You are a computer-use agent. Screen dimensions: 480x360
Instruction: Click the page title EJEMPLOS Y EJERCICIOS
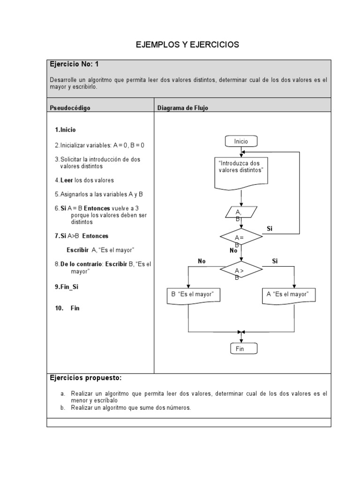click(187, 45)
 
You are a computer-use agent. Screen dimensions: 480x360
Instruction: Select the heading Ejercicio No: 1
click(74, 65)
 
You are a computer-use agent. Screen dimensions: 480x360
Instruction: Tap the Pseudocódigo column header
click(70, 108)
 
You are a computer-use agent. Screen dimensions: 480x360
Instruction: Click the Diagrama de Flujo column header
click(183, 108)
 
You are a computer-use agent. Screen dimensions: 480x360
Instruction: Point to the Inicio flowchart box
click(241, 141)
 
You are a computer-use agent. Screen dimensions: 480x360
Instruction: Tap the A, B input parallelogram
click(240, 213)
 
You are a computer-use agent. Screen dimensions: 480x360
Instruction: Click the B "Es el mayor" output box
click(193, 295)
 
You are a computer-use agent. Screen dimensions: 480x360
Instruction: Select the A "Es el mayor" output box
click(288, 295)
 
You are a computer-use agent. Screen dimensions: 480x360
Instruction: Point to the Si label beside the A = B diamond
click(270, 229)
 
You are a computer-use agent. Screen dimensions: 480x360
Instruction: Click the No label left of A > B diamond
click(202, 261)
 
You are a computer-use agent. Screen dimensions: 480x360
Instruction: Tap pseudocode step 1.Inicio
click(65, 130)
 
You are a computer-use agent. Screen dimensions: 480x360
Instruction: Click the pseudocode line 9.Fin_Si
click(67, 286)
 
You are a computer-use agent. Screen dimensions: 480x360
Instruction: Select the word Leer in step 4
click(67, 180)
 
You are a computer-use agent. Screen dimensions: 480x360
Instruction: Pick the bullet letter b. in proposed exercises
click(62, 408)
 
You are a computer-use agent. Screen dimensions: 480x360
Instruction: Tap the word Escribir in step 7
click(77, 250)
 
